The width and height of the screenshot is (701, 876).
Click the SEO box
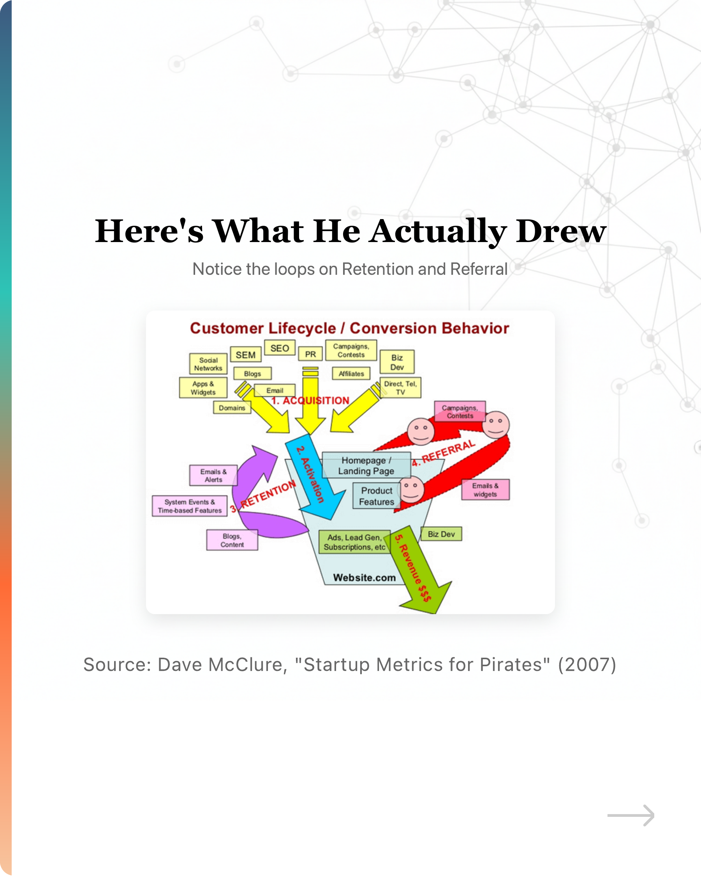(x=279, y=348)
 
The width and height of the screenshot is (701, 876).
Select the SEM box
(x=246, y=355)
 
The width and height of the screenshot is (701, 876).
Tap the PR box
(x=310, y=354)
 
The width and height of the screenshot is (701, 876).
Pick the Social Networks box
(x=208, y=364)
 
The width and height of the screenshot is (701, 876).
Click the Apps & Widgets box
(x=203, y=388)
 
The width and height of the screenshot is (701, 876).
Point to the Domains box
(x=232, y=408)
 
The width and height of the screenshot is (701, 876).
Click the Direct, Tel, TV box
(x=400, y=388)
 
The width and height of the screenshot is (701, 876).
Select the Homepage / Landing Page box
(x=366, y=465)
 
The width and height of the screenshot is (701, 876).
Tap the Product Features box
(x=376, y=496)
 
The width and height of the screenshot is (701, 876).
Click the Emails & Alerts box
(x=213, y=476)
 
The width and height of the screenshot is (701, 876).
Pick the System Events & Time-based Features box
(x=190, y=506)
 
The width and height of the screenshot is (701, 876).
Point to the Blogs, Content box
(x=232, y=541)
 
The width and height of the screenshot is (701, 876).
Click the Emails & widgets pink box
(x=485, y=490)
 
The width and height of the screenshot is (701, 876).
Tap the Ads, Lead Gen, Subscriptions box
(x=354, y=542)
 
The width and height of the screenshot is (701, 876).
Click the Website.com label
(x=364, y=578)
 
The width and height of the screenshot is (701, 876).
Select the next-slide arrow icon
(x=631, y=815)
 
